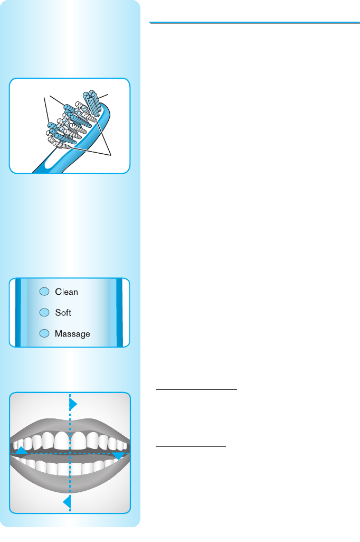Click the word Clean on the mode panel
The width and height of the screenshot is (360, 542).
(67, 292)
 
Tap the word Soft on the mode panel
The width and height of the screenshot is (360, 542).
(63, 313)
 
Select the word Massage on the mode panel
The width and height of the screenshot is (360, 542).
(72, 334)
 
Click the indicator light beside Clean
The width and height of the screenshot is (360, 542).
(45, 292)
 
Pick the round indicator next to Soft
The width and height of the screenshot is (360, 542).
(45, 313)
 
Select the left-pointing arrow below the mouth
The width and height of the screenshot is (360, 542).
(67, 502)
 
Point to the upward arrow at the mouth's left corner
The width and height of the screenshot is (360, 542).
(21, 451)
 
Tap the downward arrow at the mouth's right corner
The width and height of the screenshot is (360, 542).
(118, 454)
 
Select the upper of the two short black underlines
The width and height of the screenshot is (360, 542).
(197, 389)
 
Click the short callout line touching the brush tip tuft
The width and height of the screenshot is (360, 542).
(104, 96)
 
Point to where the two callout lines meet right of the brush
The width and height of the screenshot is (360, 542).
(110, 154)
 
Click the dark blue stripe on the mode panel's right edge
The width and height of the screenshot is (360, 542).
(119, 312)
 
